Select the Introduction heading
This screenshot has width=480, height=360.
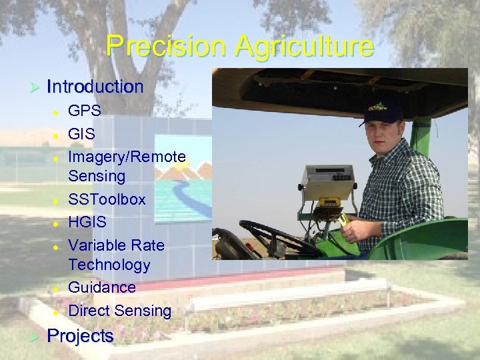[x=95, y=87]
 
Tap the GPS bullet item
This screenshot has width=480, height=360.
[x=85, y=110]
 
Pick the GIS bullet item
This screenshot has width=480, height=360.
[x=82, y=133]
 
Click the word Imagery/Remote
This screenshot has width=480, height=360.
[x=127, y=157]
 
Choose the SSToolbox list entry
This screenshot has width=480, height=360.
[x=107, y=199]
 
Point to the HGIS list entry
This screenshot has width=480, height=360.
[x=87, y=222]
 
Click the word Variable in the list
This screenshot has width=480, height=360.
[x=98, y=245]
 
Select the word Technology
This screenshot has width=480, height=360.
[x=109, y=265]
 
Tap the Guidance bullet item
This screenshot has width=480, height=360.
[x=102, y=287]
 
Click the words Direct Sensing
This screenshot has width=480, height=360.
[x=120, y=311]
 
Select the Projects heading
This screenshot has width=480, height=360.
[x=80, y=336]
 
